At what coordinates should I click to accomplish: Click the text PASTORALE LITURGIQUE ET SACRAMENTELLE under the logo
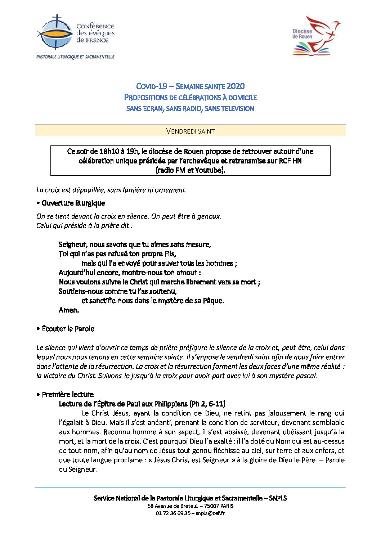click(x=75, y=57)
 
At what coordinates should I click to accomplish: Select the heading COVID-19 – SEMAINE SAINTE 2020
click(x=190, y=86)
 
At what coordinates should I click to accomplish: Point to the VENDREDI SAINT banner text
click(x=190, y=131)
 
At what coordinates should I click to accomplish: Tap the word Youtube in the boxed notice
click(x=209, y=170)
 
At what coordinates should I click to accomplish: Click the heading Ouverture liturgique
click(x=73, y=203)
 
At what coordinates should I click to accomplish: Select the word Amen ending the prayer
click(x=68, y=310)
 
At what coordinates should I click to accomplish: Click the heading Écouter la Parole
click(x=68, y=329)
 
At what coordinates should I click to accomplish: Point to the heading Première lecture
click(x=67, y=394)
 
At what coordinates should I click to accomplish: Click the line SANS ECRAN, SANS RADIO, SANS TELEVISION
click(x=190, y=108)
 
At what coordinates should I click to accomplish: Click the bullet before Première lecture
click(x=38, y=395)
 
